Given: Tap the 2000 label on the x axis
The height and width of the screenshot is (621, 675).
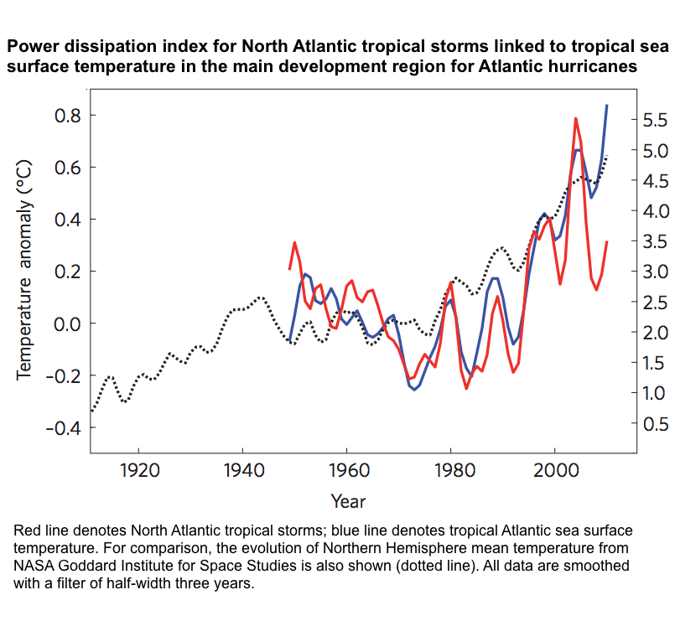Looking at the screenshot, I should [x=555, y=469].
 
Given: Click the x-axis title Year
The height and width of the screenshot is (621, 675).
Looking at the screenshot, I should [x=347, y=501].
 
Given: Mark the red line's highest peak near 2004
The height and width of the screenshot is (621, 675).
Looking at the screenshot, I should [x=575, y=119].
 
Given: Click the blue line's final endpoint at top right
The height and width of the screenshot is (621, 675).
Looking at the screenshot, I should [x=607, y=106].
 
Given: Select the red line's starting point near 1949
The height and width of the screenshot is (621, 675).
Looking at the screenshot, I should [x=289, y=269].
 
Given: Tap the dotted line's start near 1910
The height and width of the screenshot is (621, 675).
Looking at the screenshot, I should [x=91, y=411].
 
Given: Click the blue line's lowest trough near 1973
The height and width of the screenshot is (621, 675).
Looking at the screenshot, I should [x=414, y=390].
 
